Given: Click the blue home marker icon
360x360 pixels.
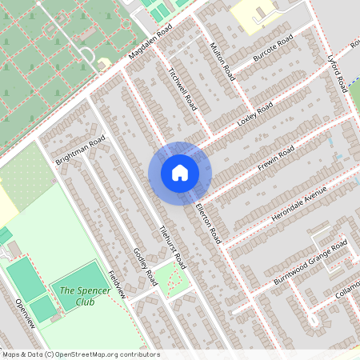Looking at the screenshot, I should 180,172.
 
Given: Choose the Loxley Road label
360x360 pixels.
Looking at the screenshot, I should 255,115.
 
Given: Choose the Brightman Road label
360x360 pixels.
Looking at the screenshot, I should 80,150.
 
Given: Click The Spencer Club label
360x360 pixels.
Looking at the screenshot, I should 78,296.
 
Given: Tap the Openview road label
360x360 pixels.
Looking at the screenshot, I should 26,313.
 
